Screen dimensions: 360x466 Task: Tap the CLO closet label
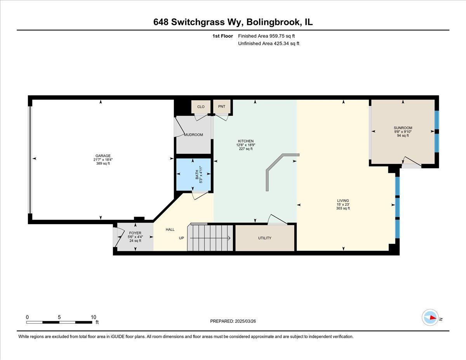pos(201,106)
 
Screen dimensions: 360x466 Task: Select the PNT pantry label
pos(222,106)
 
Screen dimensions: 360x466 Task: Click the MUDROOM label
pos(193,135)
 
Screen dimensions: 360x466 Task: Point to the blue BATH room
pos(194,175)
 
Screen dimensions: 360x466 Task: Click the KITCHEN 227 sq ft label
pos(245,145)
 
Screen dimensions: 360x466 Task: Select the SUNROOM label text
pos(403,128)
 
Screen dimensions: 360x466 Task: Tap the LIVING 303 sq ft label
pos(343,204)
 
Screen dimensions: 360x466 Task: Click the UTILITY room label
pos(264,238)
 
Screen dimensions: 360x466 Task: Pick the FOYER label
pos(135,233)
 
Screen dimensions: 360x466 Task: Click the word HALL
pos(170,230)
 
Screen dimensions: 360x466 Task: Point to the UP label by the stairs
pos(181,238)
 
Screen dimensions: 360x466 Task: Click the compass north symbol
pos(430,317)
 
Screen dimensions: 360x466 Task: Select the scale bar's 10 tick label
pos(93,317)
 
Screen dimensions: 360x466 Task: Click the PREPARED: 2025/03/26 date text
pos(233,321)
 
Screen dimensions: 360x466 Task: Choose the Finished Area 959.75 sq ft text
pos(269,36)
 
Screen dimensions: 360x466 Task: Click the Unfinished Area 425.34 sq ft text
pos(268,43)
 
